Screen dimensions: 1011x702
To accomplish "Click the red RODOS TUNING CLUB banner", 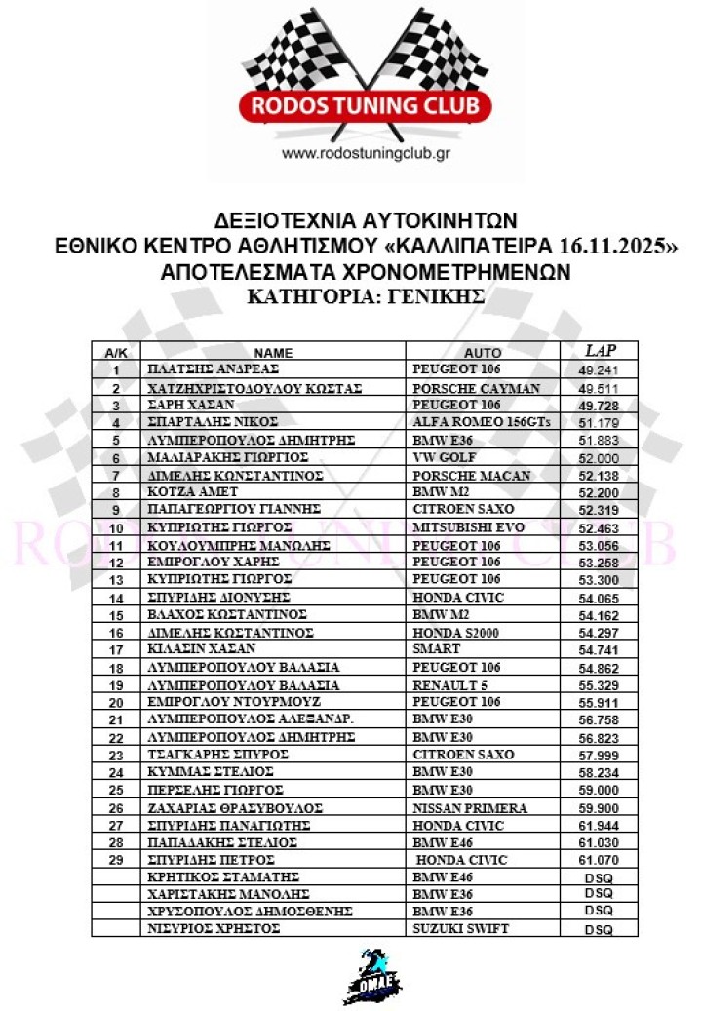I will coord(365,105).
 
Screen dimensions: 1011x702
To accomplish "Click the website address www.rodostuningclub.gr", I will coord(365,153).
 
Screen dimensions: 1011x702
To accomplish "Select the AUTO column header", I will coord(483,353).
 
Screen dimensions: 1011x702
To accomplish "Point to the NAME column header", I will coord(274,353).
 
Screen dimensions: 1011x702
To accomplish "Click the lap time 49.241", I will coord(598,370).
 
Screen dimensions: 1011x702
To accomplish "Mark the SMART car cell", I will coord(436,649).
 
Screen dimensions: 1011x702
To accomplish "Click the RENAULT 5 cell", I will coord(451,684).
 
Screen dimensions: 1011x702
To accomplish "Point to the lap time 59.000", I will coord(598,790).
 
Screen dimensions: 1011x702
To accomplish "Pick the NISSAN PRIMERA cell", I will coord(471,807).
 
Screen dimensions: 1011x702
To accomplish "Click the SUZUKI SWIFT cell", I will coord(461,929).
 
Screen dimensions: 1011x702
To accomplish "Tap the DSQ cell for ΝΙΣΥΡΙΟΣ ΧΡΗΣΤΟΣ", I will coord(598,930).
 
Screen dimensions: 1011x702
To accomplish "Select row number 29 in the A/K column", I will coord(117,860).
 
